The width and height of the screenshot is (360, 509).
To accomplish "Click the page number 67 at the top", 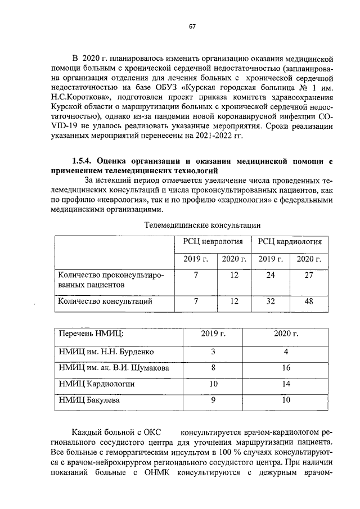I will pos(192,27).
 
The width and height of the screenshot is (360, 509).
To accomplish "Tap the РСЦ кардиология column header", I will pos(290,242).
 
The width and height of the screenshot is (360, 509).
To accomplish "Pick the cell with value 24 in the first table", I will pos(271,275).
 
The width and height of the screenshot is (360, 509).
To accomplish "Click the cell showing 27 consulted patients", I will pos(308,275).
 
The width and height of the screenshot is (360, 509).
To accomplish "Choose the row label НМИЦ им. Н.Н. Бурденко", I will pos(106,352).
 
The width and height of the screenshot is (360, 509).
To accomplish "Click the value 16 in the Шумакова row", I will pos(286,368).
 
